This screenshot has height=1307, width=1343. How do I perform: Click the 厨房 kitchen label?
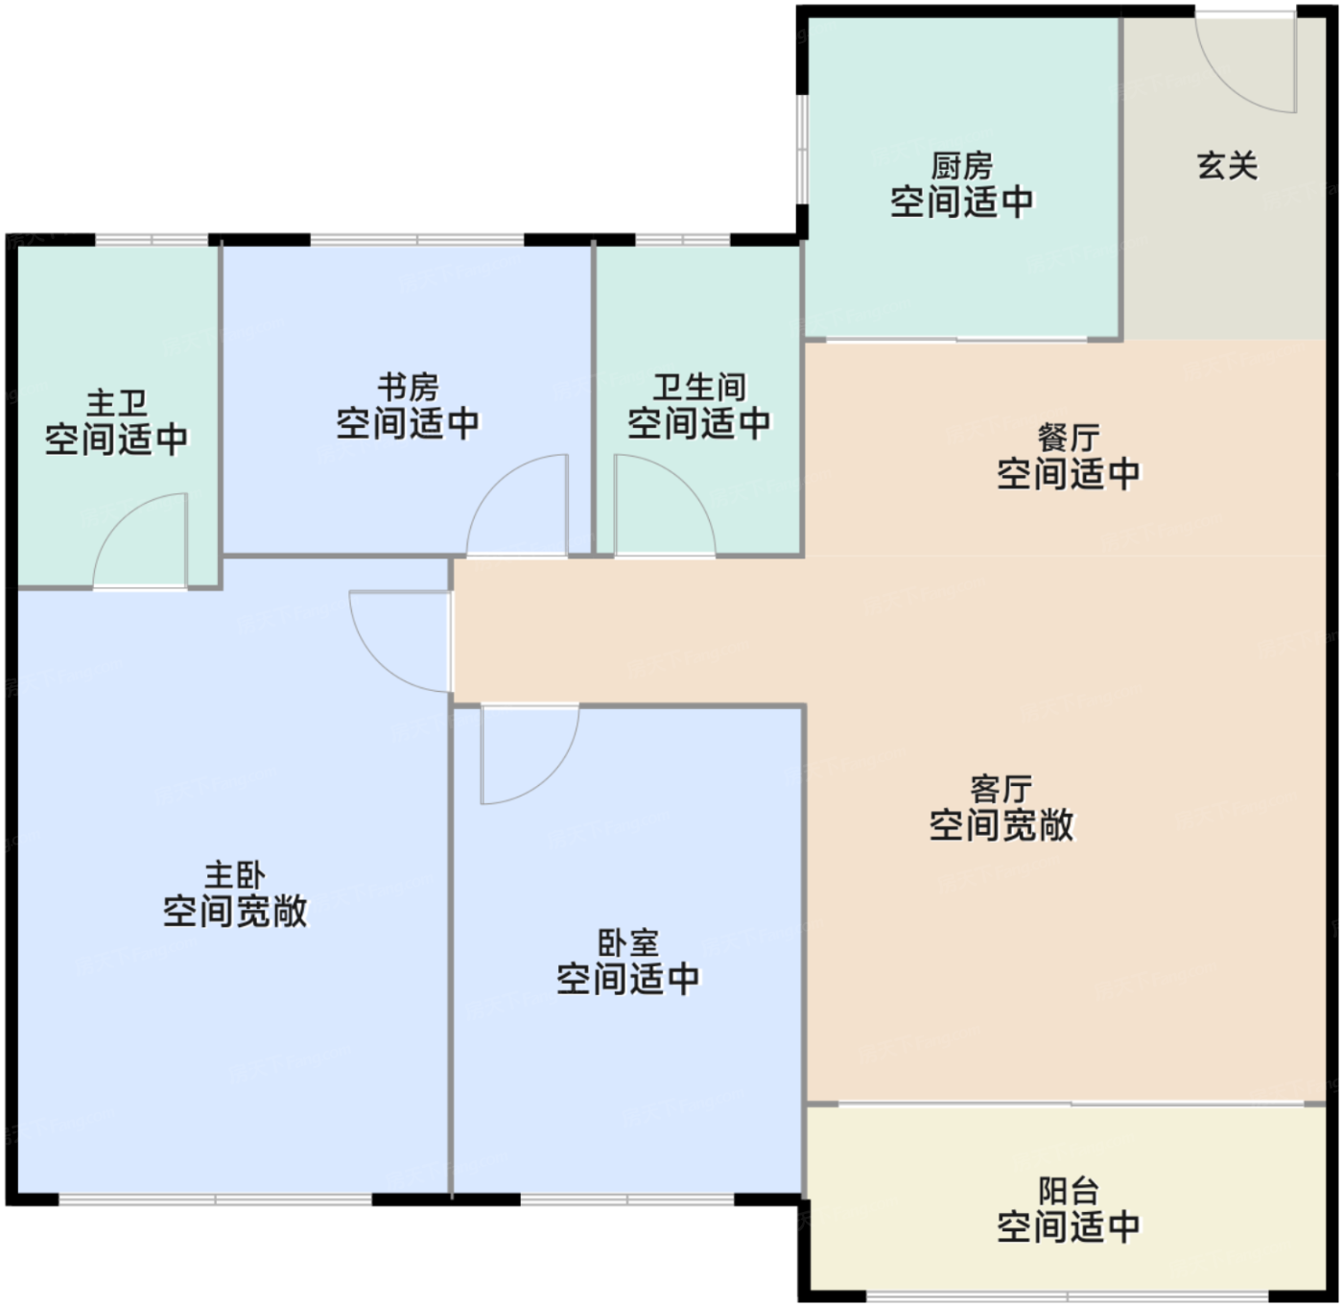coord(962,166)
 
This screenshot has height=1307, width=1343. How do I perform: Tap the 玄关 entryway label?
coord(1227,166)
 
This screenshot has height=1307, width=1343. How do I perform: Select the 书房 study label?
coord(408,388)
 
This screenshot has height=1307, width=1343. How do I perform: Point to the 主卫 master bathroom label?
coord(117,402)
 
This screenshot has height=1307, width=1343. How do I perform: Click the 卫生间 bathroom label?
coord(699,388)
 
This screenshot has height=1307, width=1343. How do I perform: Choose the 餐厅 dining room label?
coord(1069,438)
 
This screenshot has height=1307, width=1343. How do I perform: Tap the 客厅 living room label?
coord(1001,789)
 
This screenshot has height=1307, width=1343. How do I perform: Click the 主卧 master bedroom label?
coord(235,875)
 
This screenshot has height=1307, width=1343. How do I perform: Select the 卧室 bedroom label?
coord(628,943)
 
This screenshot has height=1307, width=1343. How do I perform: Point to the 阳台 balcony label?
coord(1069,1191)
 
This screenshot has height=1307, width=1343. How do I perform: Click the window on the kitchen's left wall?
coord(802,149)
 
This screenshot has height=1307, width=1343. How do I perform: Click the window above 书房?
coord(417,240)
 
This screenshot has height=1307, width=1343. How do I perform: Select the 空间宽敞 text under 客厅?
coord(1001,825)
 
